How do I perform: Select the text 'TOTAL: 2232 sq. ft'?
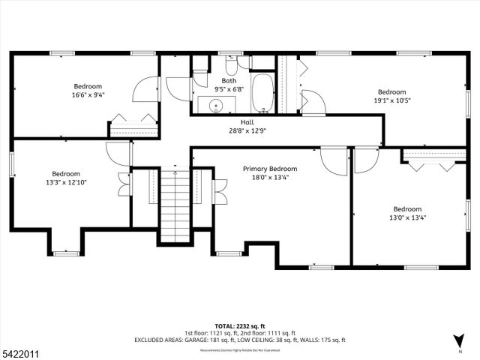240,325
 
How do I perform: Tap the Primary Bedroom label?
270,169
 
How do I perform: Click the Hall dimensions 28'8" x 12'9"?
247,130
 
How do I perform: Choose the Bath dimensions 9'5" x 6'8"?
229,88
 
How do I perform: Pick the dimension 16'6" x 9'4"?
88,95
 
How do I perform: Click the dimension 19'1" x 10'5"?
391,100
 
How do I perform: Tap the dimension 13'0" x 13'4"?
408,218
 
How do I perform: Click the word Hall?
247,121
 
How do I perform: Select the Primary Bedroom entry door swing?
331,160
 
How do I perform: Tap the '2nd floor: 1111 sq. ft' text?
267,332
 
